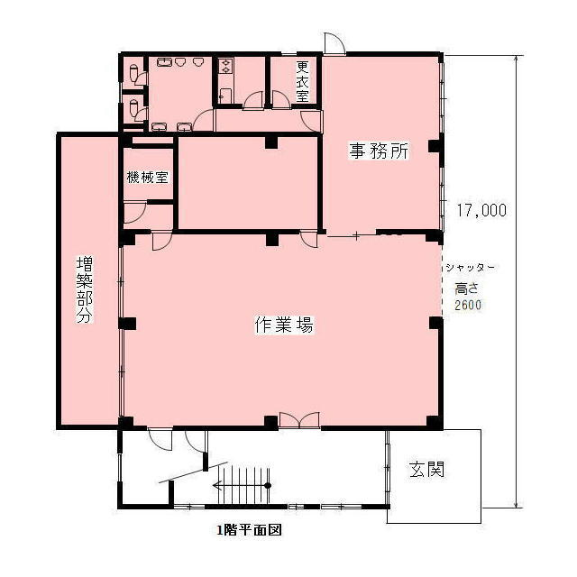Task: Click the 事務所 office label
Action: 380,151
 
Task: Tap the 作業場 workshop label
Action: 284,326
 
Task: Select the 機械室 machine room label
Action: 148,178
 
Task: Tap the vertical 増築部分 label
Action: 84,290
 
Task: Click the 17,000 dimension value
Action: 481,210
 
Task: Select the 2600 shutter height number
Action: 468,305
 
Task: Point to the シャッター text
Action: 469,269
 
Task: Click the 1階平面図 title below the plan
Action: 249,531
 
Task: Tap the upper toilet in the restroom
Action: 134,71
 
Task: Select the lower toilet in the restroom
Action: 134,108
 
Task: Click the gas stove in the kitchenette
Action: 224,66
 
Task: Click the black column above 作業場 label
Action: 271,239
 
